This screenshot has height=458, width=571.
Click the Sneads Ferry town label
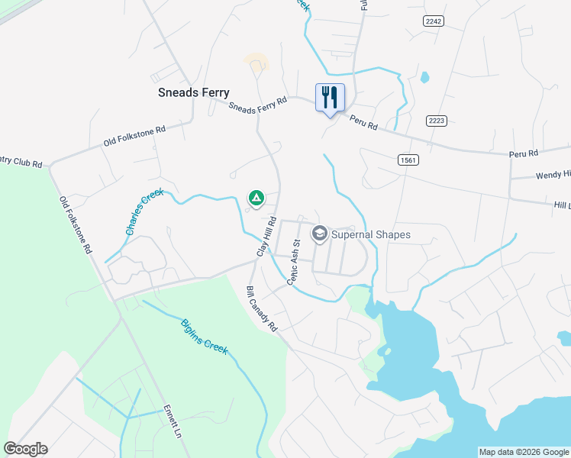click(193, 92)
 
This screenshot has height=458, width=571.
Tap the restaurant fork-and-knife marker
click(330, 98)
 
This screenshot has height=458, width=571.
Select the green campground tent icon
click(257, 199)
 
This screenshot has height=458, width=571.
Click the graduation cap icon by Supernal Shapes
click(320, 233)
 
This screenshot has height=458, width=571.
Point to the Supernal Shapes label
click(371, 234)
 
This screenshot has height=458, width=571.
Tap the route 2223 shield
click(437, 121)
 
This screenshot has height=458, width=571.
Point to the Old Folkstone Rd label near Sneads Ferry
click(134, 137)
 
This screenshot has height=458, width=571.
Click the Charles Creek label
click(144, 211)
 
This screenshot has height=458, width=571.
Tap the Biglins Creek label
click(204, 335)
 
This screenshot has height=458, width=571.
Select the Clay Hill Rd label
click(265, 236)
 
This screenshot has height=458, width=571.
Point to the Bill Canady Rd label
click(261, 309)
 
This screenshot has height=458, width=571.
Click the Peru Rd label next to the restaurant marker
click(363, 122)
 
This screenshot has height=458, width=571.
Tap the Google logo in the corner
click(25, 449)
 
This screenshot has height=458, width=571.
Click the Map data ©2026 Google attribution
click(524, 452)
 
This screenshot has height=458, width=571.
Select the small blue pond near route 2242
click(424, 77)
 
